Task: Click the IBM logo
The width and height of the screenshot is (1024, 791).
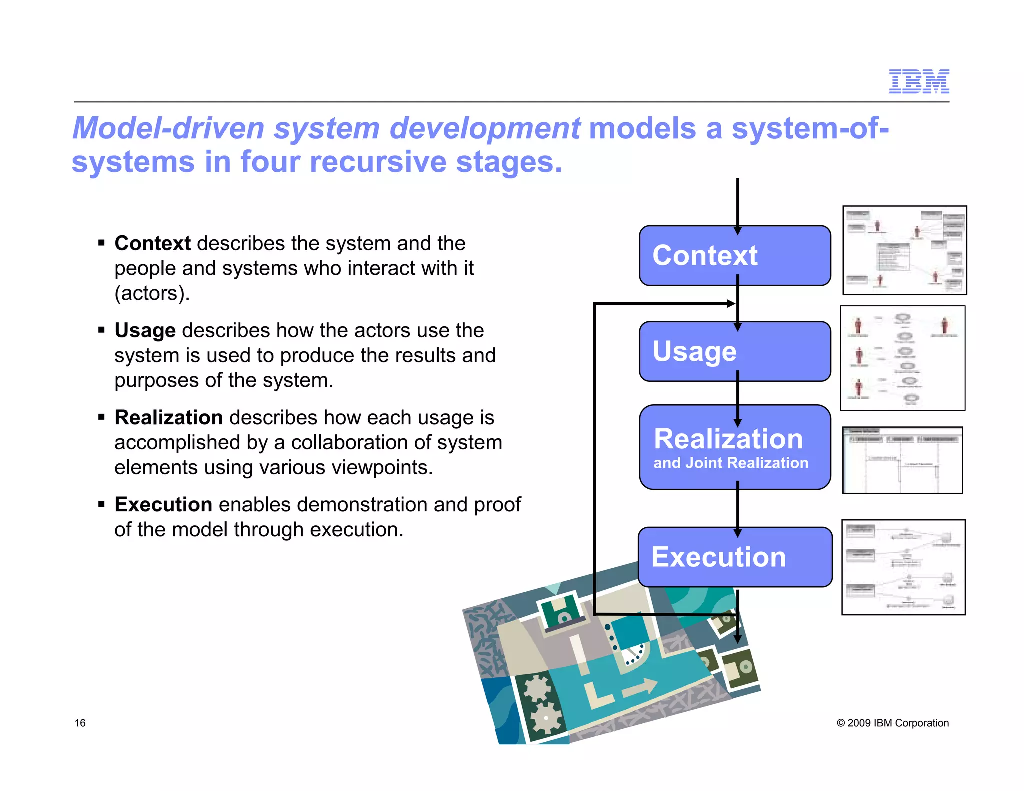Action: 919,81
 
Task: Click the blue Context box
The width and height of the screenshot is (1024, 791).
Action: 734,256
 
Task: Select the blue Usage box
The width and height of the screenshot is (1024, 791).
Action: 734,351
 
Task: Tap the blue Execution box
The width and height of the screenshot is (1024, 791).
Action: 734,557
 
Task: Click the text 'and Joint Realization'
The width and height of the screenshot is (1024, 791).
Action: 730,463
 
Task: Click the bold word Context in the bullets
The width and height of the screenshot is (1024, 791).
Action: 152,244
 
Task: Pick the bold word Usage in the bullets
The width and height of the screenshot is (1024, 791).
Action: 145,331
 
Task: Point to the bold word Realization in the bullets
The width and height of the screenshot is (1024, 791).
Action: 168,418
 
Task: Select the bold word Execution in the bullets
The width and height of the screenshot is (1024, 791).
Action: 163,505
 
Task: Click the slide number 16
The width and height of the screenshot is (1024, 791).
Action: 80,723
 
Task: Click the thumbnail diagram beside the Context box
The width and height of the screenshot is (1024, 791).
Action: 904,250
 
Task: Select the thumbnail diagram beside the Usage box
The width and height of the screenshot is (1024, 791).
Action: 902,358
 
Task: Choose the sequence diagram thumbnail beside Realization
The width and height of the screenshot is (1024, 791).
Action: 902,460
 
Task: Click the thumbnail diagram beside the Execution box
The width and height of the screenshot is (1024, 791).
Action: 903,567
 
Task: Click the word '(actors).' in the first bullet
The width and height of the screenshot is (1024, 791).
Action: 152,293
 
